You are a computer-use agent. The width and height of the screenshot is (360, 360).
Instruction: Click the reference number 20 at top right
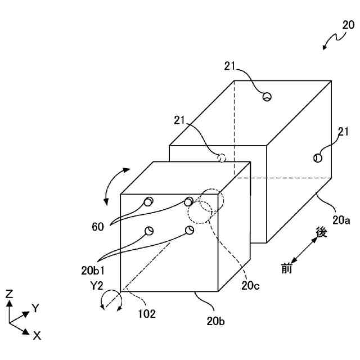[x=348, y=25]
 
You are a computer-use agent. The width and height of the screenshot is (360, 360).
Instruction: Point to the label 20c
[x=251, y=285]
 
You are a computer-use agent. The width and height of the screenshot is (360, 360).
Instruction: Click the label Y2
[x=97, y=285]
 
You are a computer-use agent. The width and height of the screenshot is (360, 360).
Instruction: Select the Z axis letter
[x=9, y=293]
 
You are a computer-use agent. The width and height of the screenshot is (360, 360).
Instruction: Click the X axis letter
[x=37, y=335]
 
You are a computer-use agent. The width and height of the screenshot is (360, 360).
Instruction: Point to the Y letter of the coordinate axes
[x=35, y=308]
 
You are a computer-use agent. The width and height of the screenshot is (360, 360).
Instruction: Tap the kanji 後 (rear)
[x=321, y=232]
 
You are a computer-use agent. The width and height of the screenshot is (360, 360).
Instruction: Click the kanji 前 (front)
[x=287, y=268]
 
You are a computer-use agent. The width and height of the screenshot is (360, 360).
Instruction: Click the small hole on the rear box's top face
[x=267, y=97]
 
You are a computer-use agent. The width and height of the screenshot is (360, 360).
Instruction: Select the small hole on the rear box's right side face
[x=318, y=158]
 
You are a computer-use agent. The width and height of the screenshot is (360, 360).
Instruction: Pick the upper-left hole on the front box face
[x=148, y=202]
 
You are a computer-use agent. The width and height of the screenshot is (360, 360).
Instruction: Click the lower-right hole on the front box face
[x=189, y=229]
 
